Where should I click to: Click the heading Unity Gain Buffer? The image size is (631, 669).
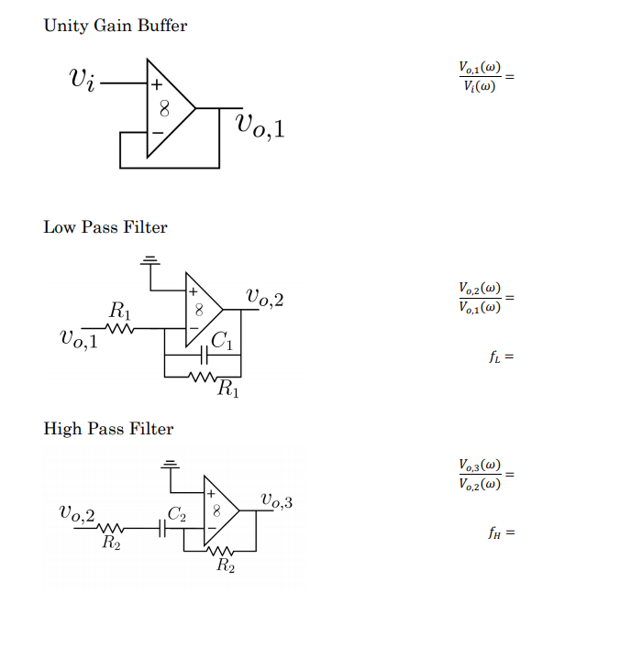click(115, 26)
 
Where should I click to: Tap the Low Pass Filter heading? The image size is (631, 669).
click(105, 226)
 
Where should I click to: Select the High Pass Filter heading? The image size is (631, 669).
click(108, 428)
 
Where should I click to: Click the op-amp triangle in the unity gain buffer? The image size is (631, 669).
click(168, 108)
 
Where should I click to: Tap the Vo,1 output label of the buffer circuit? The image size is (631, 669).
click(260, 126)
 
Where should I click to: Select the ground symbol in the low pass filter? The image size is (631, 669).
click(152, 261)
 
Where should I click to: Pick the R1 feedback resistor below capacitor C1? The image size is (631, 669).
click(202, 376)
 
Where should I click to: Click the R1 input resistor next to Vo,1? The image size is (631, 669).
click(121, 327)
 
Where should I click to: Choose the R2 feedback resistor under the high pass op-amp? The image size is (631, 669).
click(219, 552)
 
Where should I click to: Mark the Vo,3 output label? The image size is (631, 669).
click(276, 500)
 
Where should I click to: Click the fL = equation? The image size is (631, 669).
click(499, 357)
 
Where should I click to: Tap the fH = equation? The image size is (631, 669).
click(499, 532)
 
